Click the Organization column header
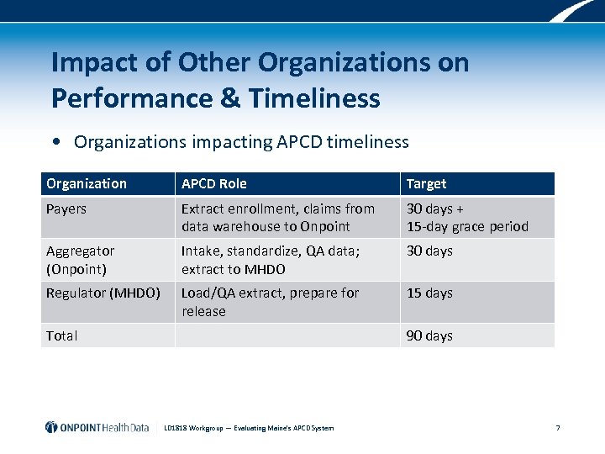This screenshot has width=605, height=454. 87,184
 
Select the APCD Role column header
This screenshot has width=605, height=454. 214,184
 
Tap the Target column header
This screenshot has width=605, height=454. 426,184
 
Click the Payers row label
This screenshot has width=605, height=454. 66,209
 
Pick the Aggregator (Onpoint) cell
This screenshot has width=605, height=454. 81,260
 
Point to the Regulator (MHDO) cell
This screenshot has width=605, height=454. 103,293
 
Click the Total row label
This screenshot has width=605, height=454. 62,335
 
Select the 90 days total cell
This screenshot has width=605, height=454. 429,335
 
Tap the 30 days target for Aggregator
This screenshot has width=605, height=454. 429,251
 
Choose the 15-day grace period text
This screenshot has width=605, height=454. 467,227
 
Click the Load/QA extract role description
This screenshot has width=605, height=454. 270,302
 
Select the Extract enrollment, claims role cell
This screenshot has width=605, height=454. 278,218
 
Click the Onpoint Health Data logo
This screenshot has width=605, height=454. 97,427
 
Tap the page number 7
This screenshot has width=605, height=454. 558,428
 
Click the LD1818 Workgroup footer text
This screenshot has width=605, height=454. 249,428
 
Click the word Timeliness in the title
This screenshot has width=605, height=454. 313,98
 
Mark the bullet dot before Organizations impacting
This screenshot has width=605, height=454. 55,142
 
